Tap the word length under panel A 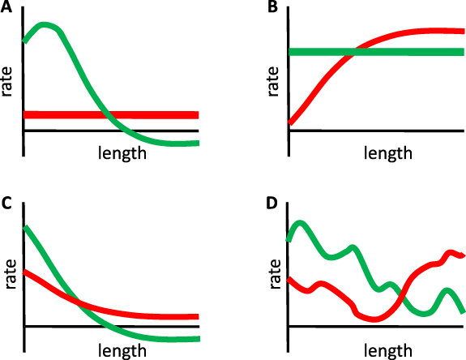tap(122, 152)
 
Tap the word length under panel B tap(387, 152)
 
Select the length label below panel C tap(122, 349)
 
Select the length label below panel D tap(387, 349)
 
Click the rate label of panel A tap(9, 81)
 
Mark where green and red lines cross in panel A tap(104, 114)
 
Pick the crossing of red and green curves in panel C tap(77, 303)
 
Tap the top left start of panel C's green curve tap(26, 228)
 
